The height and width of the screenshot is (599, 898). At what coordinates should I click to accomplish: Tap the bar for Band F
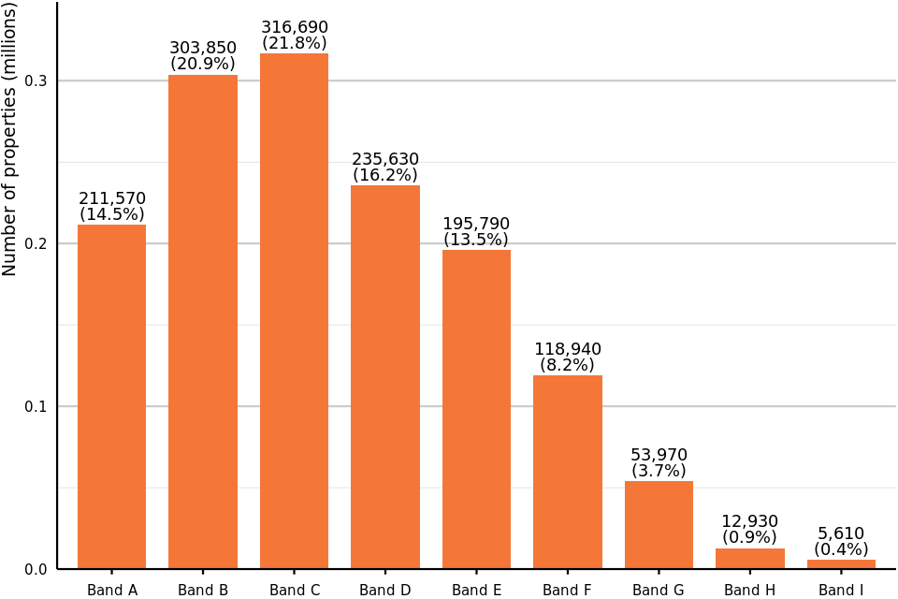pyautogui.click(x=568, y=472)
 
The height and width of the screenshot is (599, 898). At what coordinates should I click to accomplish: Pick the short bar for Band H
pyautogui.click(x=750, y=559)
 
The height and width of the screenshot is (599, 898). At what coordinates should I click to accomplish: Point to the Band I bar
pyautogui.click(x=841, y=563)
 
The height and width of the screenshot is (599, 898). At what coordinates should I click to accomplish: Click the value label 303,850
pyautogui.click(x=203, y=48)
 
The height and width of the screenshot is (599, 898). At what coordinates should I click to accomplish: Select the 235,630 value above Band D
pyautogui.click(x=385, y=159)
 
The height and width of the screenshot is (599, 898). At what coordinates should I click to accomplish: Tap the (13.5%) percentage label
pyautogui.click(x=476, y=240)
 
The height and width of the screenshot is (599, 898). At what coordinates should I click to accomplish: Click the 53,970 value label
pyautogui.click(x=659, y=455)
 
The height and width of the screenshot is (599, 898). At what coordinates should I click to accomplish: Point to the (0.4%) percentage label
pyautogui.click(x=841, y=549)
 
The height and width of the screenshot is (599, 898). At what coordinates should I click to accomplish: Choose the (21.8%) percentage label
pyautogui.click(x=294, y=43)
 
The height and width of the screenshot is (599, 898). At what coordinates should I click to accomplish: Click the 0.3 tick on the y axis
pyautogui.click(x=36, y=81)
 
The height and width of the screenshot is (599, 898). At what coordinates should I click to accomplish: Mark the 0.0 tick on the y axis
pyautogui.click(x=36, y=569)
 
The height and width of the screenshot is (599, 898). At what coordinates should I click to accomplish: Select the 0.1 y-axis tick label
pyautogui.click(x=36, y=406)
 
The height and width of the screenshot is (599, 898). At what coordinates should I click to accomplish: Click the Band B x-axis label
pyautogui.click(x=203, y=590)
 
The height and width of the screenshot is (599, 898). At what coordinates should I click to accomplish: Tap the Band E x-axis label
pyautogui.click(x=476, y=590)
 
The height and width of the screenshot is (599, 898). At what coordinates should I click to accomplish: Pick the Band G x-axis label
pyautogui.click(x=659, y=590)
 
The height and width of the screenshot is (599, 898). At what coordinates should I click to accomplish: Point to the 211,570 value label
pyautogui.click(x=112, y=198)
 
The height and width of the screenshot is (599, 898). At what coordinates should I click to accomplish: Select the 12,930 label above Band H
pyautogui.click(x=749, y=521)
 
